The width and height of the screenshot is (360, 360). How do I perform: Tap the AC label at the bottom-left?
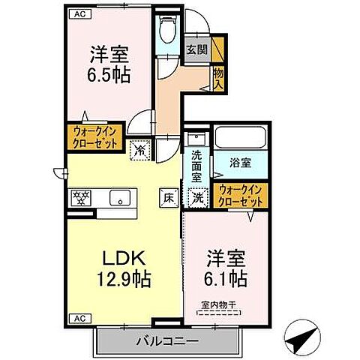77,317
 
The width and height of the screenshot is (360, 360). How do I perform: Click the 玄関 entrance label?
196,49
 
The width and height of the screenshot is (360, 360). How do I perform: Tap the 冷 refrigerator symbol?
140,148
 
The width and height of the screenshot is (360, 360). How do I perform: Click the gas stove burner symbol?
80,198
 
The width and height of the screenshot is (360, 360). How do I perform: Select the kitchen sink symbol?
118,199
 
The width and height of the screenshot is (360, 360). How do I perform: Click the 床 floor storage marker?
169,199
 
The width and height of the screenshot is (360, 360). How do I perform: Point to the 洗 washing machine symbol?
198,197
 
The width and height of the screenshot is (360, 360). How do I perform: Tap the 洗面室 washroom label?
196,166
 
